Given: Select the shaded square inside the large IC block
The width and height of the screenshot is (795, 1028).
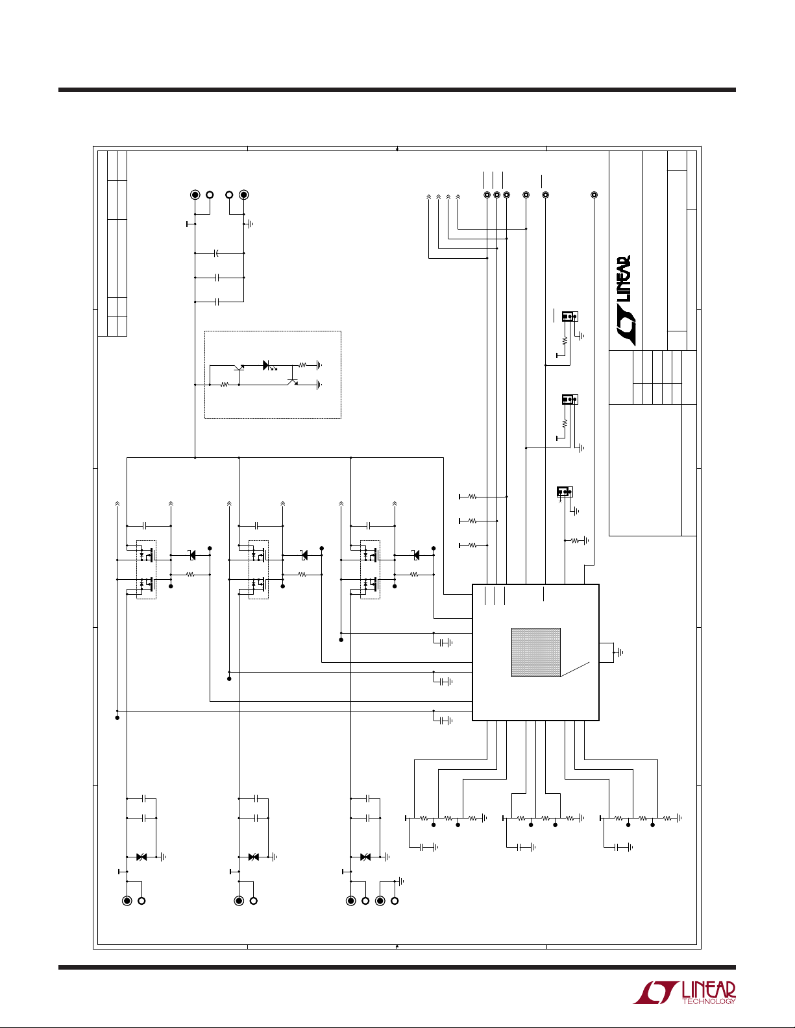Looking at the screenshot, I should (535, 652).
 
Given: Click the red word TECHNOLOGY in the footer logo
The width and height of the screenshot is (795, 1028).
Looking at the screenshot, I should (709, 1001).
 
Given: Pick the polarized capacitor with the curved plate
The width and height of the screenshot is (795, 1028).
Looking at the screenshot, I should (218, 253).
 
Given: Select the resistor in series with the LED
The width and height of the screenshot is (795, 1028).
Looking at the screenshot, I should (302, 365).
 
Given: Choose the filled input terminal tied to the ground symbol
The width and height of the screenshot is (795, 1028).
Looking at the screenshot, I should (244, 195).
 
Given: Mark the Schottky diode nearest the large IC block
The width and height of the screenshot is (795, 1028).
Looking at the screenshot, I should (416, 555).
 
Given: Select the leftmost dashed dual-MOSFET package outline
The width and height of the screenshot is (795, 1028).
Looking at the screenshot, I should (147, 569).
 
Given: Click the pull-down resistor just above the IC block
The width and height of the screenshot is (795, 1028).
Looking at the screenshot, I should (574, 540).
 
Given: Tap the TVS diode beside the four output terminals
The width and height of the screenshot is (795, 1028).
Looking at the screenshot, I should (365, 857).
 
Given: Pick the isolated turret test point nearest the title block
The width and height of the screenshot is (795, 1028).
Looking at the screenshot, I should (594, 195).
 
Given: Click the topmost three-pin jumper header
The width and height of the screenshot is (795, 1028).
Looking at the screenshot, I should (570, 317).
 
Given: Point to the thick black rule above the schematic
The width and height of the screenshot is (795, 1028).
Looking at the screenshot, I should (397, 90).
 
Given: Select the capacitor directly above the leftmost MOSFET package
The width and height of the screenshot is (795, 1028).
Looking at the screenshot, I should (146, 525).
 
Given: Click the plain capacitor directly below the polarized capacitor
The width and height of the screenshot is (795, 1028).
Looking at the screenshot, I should (218, 278).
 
